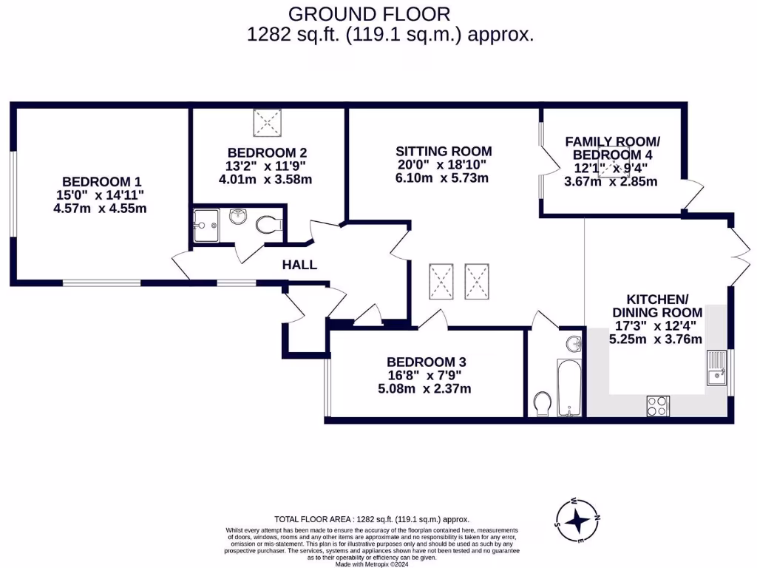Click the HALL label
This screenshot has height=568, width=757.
299,265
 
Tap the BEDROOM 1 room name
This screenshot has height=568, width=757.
102,181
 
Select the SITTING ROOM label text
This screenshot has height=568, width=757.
444,152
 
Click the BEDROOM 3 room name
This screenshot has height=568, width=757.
427,362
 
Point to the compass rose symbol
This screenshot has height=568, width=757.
577,520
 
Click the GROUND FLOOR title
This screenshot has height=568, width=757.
369,13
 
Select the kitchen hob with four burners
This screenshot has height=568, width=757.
657,405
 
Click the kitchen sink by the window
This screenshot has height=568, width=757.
716,368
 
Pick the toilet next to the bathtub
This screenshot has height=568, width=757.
542,403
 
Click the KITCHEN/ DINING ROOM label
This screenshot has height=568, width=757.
656,305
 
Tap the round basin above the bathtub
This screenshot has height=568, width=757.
571,343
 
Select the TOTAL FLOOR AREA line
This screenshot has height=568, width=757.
372,519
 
